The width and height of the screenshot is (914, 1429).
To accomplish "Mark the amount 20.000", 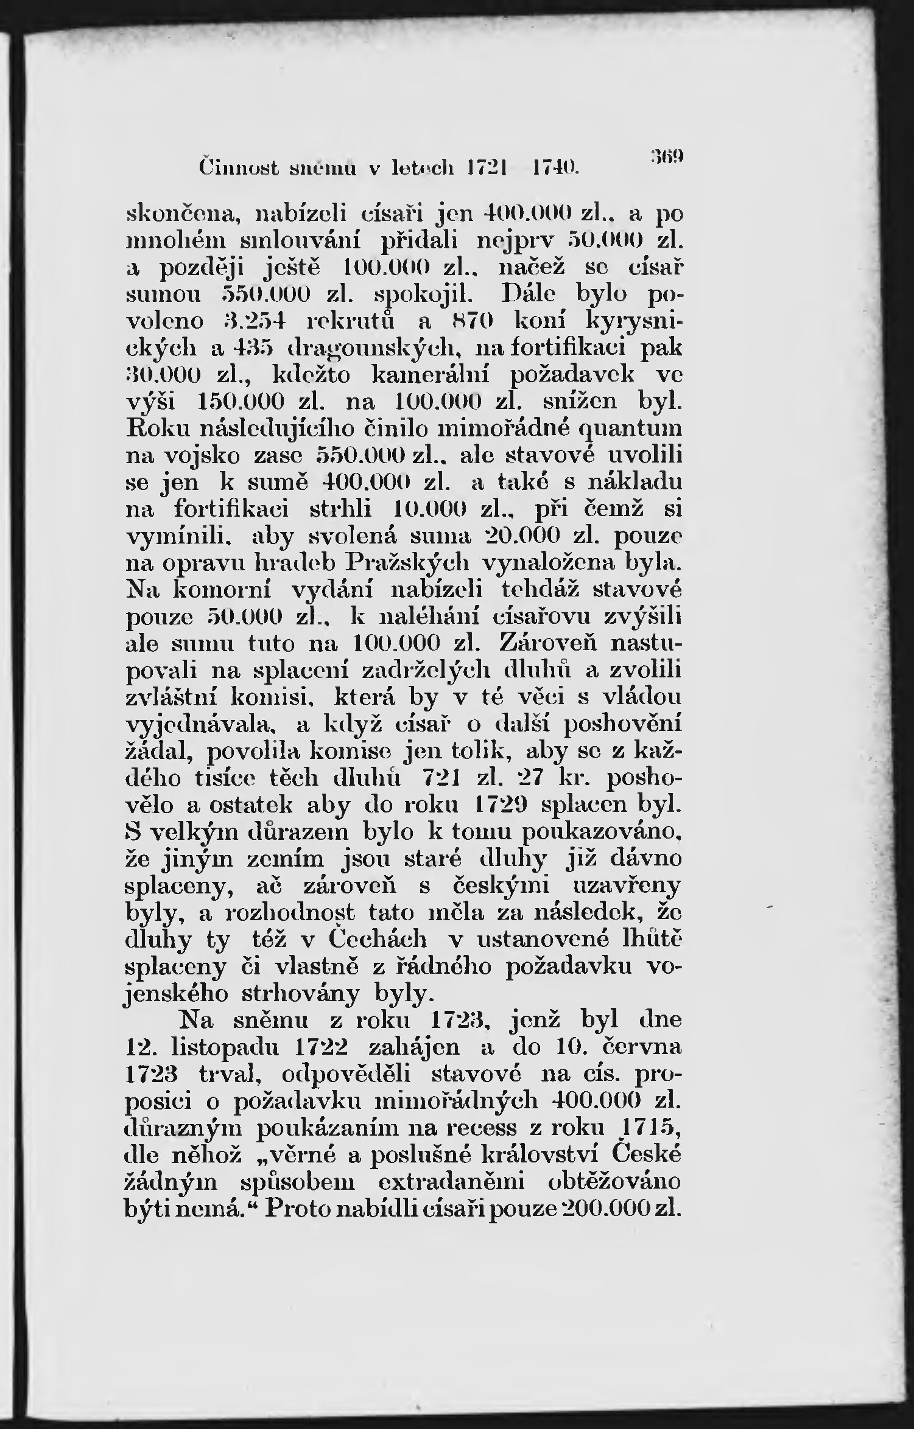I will pyautogui.click(x=524, y=536).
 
